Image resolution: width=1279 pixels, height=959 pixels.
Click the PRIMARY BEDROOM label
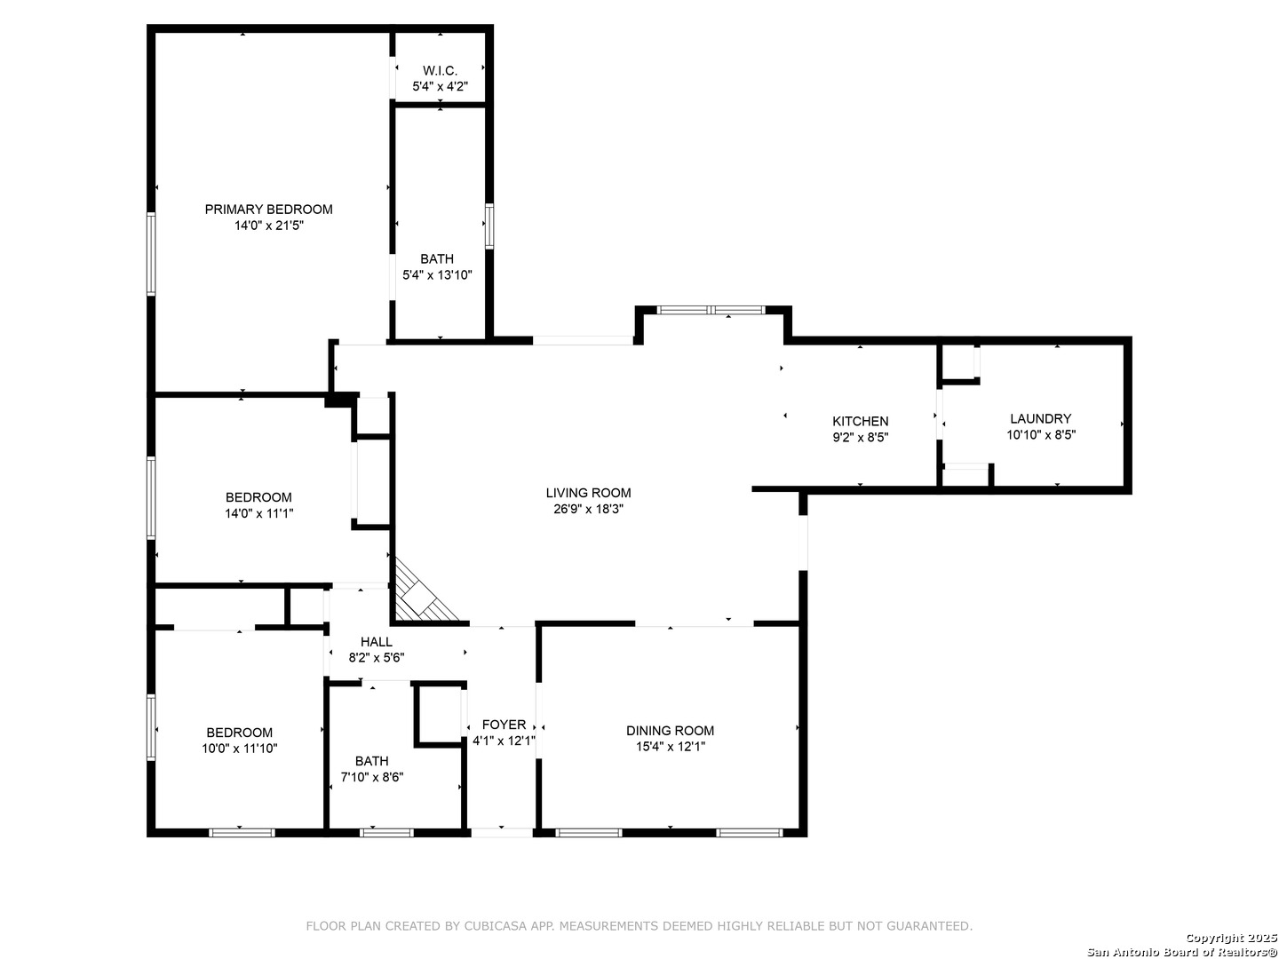(268, 209)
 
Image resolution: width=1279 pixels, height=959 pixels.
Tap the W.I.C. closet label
(440, 70)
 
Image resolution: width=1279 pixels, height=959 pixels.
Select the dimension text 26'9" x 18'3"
(589, 509)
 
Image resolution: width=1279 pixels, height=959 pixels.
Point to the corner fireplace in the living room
(424, 590)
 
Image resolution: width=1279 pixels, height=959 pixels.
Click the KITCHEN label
(860, 421)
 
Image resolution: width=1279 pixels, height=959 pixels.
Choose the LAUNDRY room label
(1041, 418)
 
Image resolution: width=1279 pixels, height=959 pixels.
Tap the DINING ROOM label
(670, 730)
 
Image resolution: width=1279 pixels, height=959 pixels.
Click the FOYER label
(504, 725)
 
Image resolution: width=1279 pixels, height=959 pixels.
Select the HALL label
(377, 642)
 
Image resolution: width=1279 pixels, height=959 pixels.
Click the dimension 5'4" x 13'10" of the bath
(437, 275)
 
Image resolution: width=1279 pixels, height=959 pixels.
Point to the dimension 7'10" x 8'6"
(372, 777)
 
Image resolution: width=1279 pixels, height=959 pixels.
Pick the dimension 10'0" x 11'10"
(240, 749)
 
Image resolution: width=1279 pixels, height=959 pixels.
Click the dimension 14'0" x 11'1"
(258, 513)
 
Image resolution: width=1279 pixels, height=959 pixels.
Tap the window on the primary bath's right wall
(489, 226)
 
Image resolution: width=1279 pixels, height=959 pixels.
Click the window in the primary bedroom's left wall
(151, 253)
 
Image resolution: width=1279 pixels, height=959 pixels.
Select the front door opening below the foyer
(502, 833)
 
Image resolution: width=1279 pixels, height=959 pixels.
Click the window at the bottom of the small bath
(386, 833)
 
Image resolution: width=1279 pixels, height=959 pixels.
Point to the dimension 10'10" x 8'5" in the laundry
(1041, 434)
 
